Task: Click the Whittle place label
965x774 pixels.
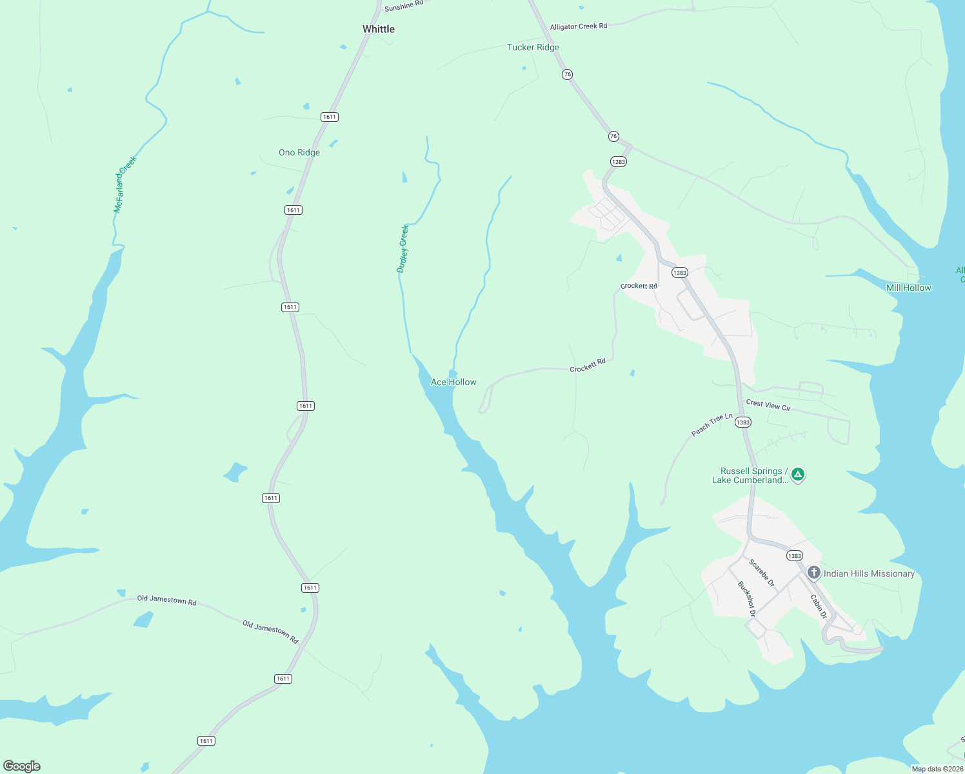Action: pyautogui.click(x=379, y=29)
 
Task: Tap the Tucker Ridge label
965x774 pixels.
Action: pyautogui.click(x=533, y=47)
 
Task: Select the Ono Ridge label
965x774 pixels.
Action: pyautogui.click(x=299, y=153)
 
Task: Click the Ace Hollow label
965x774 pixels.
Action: pyautogui.click(x=453, y=382)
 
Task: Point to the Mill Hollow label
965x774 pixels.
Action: pyautogui.click(x=908, y=288)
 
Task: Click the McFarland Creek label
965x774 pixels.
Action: pyautogui.click(x=125, y=184)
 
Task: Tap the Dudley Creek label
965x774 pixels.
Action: pyautogui.click(x=403, y=248)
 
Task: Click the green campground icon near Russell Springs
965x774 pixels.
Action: pyautogui.click(x=798, y=475)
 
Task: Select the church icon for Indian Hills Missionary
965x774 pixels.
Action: pyautogui.click(x=814, y=573)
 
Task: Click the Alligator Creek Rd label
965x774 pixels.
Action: pyautogui.click(x=579, y=26)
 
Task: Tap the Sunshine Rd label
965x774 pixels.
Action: pyautogui.click(x=404, y=6)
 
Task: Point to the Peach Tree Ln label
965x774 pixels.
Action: pyautogui.click(x=712, y=425)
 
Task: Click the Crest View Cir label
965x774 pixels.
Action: pyautogui.click(x=768, y=405)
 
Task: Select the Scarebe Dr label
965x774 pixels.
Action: pyautogui.click(x=762, y=573)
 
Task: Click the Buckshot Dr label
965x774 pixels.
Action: pyautogui.click(x=746, y=599)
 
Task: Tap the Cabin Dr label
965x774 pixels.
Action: pyautogui.click(x=819, y=606)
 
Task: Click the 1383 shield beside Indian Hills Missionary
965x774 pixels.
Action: pyautogui.click(x=795, y=555)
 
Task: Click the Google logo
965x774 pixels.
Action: pyautogui.click(x=22, y=766)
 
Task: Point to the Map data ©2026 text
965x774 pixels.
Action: pyautogui.click(x=937, y=769)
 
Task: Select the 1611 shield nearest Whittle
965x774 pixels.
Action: pyautogui.click(x=330, y=117)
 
